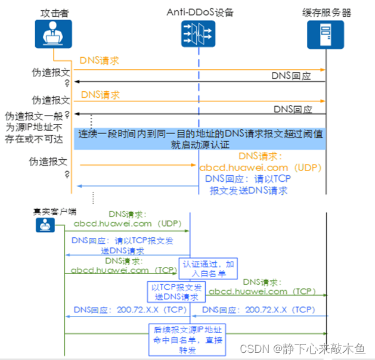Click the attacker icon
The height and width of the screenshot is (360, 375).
pos(54,33)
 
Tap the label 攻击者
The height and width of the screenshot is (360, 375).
pos(54,11)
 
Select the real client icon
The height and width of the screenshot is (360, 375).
pos(45,225)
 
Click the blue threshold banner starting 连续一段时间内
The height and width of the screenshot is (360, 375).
pos(201,139)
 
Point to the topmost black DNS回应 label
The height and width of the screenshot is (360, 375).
pos(292,76)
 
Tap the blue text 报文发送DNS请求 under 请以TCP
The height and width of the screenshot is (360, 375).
pos(249,191)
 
